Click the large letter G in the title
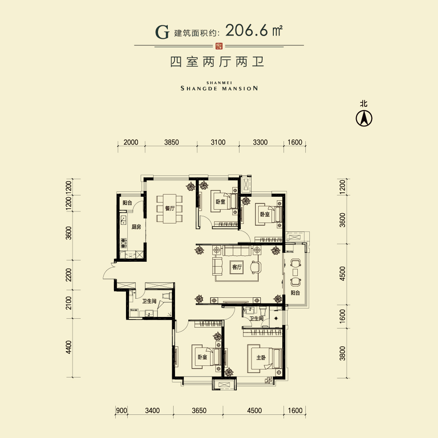162,32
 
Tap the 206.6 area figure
247,30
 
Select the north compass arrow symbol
364,118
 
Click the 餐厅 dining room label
170,208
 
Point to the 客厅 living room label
237,267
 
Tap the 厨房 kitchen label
136,227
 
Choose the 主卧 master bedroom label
261,357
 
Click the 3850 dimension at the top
171,142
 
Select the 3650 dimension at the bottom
199,410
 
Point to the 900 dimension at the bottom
122,410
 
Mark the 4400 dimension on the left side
69,347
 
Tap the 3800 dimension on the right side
342,353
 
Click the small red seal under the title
219,46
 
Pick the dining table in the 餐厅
170,208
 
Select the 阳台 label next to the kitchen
127,203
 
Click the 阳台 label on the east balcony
295,293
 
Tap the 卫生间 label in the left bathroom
149,301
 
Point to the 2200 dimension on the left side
69,275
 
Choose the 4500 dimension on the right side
342,274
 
